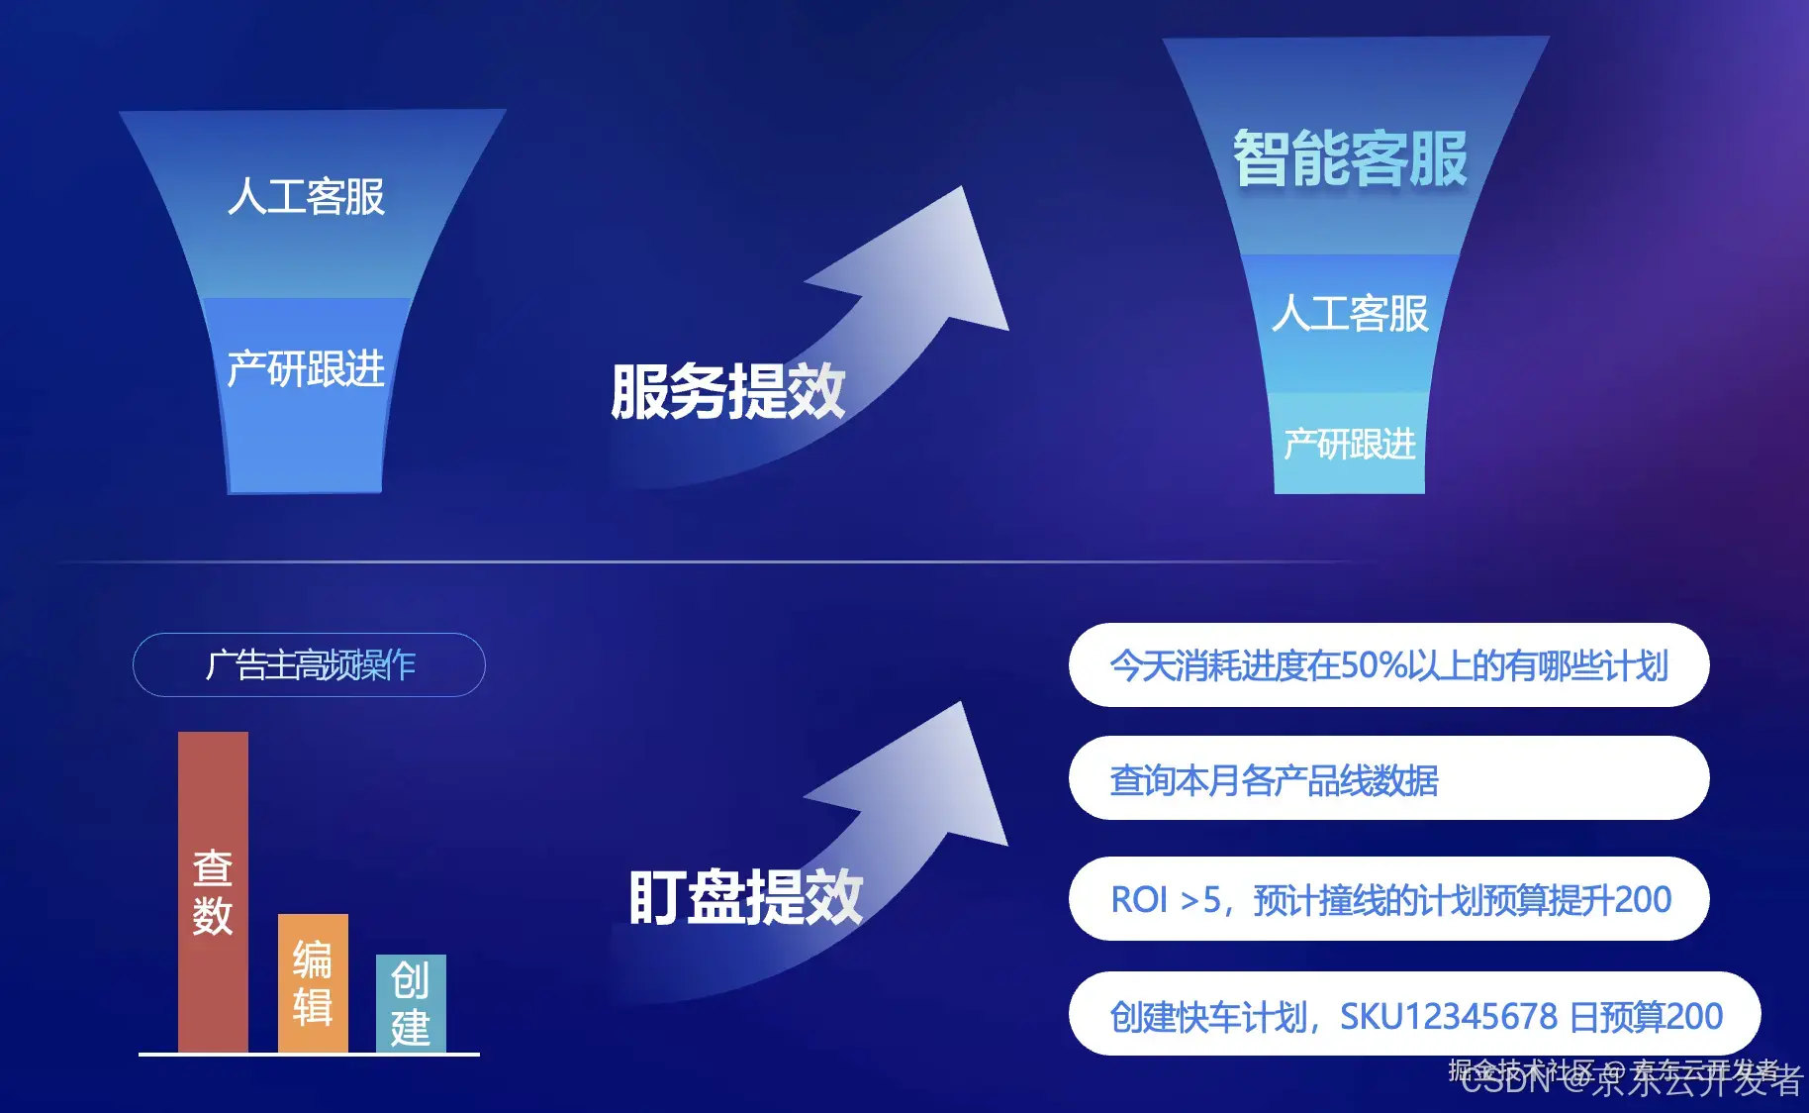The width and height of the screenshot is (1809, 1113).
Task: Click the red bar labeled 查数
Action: [213, 891]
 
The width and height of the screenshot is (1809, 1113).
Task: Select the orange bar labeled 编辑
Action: [313, 982]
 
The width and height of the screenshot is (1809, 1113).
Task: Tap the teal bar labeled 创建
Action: [411, 1003]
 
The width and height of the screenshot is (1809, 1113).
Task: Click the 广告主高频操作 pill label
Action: [309, 664]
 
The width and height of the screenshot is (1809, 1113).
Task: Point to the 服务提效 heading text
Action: [727, 392]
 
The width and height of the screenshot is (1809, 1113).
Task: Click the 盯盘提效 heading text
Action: [745, 898]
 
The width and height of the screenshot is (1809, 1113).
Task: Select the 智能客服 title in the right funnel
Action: [1350, 158]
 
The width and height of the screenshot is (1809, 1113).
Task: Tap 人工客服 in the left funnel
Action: [306, 197]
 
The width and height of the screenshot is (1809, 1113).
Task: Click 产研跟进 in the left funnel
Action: [306, 369]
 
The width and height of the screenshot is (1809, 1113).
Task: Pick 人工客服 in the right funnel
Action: [1350, 314]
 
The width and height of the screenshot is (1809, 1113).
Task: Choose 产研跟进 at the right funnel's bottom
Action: [1350, 445]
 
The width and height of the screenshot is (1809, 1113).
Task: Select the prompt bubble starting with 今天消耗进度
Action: [1388, 665]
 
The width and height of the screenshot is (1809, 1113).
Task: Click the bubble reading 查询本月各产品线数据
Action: [1388, 779]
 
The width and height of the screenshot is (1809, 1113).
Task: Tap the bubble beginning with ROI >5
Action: [1388, 899]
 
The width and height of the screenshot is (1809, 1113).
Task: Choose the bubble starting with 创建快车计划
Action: [1414, 1015]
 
